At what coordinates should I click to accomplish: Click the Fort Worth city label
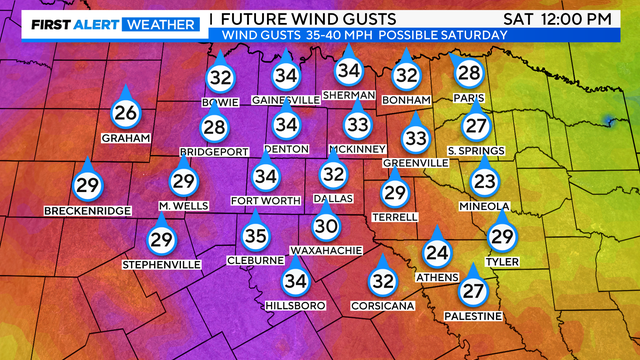coord(265,200)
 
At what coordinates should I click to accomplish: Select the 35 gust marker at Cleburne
coord(257,236)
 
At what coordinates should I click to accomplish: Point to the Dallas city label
coord(333,199)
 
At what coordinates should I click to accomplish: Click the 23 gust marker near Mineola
coord(485,182)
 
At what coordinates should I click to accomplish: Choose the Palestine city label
coord(474,316)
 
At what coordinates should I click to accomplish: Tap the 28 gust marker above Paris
coord(468,73)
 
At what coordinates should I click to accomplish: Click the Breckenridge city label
coord(87,211)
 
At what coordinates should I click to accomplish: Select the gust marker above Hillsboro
coord(294,281)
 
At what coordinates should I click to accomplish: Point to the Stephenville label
coord(161,264)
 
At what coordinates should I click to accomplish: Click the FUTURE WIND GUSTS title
coord(308,19)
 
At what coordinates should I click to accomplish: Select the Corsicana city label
coord(382,305)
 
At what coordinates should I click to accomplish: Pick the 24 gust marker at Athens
coord(436,253)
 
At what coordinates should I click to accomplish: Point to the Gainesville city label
coord(287,100)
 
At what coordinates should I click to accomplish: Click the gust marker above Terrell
coord(396,192)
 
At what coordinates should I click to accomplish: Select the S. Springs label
coord(476,151)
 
